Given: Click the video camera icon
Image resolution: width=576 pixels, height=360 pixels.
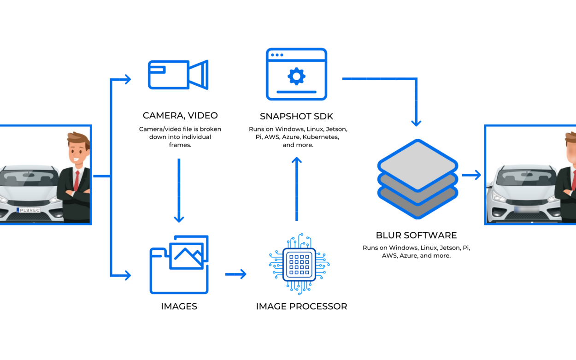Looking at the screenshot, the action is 178,75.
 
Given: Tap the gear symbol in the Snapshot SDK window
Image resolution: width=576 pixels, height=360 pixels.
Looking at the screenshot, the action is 296,77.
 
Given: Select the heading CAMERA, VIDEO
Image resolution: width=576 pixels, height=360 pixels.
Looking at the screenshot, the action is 180,115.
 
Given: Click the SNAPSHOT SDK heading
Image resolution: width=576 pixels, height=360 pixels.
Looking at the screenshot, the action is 296,116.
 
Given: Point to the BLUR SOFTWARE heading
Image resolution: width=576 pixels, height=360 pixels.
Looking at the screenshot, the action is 416,235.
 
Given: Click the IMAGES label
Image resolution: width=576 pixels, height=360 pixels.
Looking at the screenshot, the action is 179,306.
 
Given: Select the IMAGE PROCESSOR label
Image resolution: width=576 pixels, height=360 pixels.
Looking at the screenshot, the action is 301,306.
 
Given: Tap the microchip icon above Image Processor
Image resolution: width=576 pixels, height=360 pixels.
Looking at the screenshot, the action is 299,264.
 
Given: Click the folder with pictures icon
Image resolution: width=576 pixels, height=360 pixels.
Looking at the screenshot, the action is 179,264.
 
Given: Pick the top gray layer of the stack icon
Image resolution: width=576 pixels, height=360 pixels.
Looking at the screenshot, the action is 417,165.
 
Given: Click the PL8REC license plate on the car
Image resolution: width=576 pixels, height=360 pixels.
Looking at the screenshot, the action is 28,210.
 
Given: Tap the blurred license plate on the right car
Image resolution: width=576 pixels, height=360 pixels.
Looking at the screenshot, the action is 526,210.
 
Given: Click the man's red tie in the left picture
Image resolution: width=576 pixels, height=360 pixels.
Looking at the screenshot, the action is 76,181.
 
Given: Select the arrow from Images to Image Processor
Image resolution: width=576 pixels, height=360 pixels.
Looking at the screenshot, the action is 236,274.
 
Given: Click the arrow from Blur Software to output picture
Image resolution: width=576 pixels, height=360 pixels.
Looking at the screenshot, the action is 471,175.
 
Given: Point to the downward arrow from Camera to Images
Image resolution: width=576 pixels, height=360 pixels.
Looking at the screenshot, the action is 179,190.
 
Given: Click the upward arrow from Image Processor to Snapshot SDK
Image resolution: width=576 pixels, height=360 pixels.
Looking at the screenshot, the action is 297,189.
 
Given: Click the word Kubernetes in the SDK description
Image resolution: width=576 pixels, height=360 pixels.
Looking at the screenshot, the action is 321,137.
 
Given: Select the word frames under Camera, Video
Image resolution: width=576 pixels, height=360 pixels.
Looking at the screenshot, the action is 180,145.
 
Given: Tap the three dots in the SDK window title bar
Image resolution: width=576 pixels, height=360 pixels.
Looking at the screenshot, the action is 277,55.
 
